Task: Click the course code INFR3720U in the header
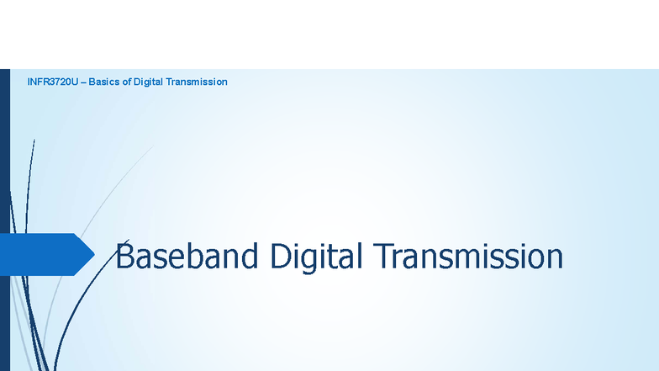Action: pyautogui.click(x=52, y=82)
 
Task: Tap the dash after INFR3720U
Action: pyautogui.click(x=83, y=82)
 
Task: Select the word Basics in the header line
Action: pyautogui.click(x=103, y=82)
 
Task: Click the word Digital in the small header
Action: pyautogui.click(x=148, y=82)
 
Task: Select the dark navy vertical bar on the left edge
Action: pyautogui.click(x=4, y=219)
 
